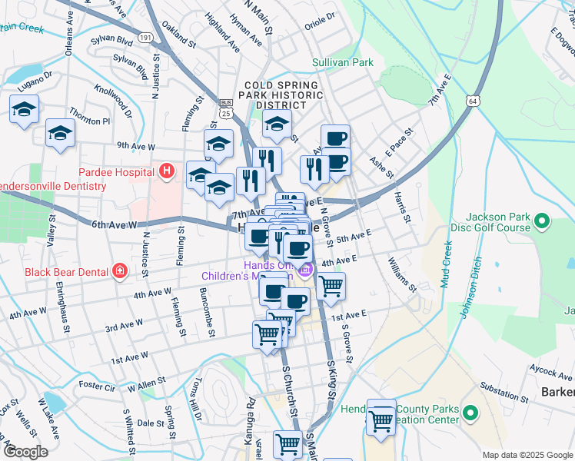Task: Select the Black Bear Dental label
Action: click(x=64, y=270)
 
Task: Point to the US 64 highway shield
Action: click(x=472, y=101)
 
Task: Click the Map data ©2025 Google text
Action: click(x=527, y=455)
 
